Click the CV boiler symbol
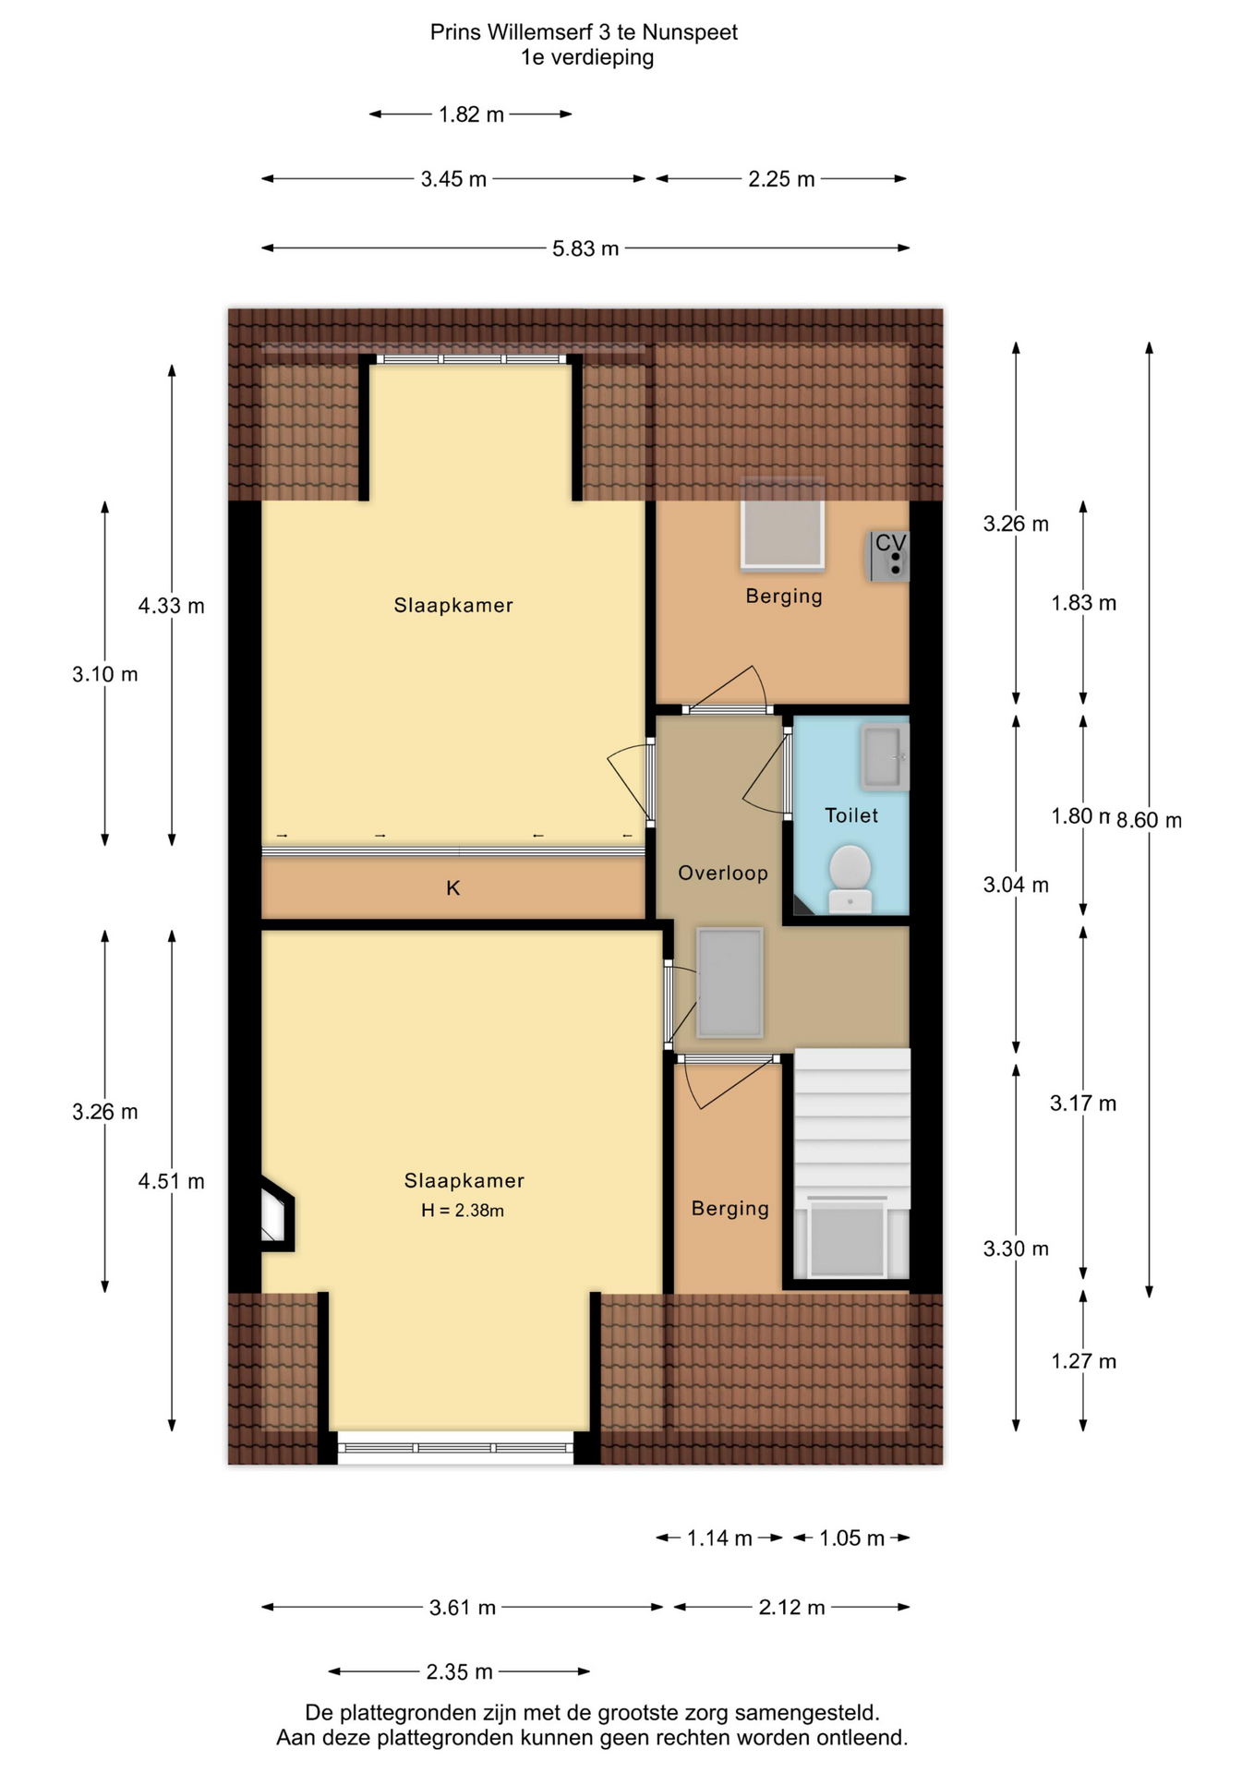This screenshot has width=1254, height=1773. pyautogui.click(x=888, y=556)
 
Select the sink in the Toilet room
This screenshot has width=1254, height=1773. pyautogui.click(x=885, y=757)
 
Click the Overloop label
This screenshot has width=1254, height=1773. pyautogui.click(x=723, y=873)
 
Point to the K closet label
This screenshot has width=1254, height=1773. pyautogui.click(x=453, y=887)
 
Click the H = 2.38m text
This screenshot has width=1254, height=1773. pyautogui.click(x=463, y=1210)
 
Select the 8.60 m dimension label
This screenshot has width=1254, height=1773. pyautogui.click(x=1149, y=820)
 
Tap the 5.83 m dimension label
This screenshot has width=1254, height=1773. pyautogui.click(x=585, y=248)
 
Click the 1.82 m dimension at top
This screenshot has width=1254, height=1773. pyautogui.click(x=471, y=115)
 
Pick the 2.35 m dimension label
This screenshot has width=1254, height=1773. pyautogui.click(x=459, y=1671)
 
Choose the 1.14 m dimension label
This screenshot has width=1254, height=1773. pyautogui.click(x=719, y=1538)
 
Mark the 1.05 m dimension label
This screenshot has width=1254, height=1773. pyautogui.click(x=851, y=1538)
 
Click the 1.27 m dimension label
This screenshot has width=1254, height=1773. pyautogui.click(x=1083, y=1361)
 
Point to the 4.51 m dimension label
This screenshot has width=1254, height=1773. pyautogui.click(x=171, y=1181)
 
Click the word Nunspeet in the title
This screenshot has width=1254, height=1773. pyautogui.click(x=690, y=32)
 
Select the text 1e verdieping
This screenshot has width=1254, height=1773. pyautogui.click(x=587, y=57)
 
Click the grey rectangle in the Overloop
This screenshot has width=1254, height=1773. pyautogui.click(x=729, y=983)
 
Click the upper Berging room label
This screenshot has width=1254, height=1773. pyautogui.click(x=784, y=596)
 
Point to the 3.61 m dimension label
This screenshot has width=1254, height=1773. pyautogui.click(x=463, y=1608)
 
